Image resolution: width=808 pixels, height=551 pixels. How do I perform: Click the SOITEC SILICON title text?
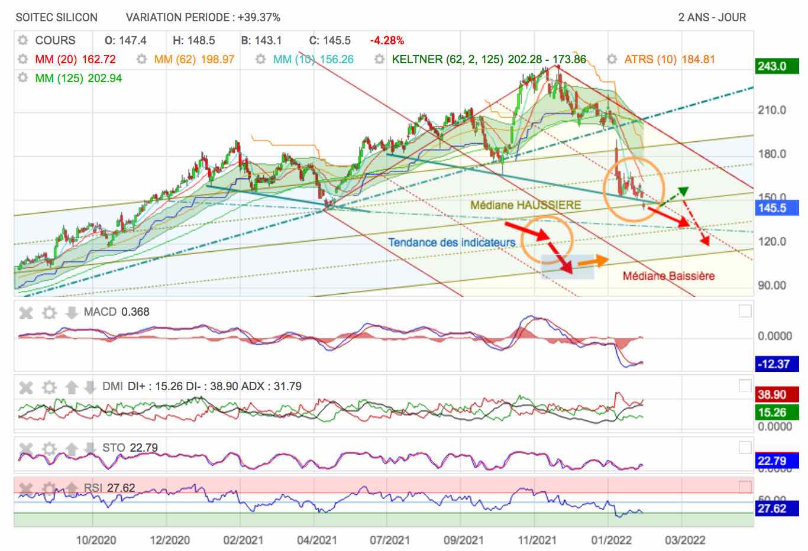pos(57,17)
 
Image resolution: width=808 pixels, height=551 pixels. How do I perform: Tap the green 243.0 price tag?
pos(773,66)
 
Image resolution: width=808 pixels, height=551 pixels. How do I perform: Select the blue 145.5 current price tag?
pos(773,208)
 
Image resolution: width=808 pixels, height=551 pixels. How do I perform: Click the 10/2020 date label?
pos(96,540)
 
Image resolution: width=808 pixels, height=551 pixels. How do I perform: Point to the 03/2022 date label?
pos(685,540)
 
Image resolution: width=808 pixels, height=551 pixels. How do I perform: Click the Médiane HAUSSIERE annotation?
pos(525,205)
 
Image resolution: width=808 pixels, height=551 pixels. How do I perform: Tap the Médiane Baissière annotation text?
pos(668,276)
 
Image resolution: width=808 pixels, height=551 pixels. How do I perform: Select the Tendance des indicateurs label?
pos(451,242)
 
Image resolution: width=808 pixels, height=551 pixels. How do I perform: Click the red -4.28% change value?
pos(387,41)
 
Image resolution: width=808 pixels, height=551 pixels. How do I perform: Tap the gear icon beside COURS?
pos(23,40)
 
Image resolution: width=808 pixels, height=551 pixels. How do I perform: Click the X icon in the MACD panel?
pos(26,312)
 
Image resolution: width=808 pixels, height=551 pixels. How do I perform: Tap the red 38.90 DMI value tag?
pos(772,395)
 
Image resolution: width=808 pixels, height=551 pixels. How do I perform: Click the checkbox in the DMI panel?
pos(745,386)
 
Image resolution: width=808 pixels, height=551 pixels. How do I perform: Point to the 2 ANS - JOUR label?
pos(712,17)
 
